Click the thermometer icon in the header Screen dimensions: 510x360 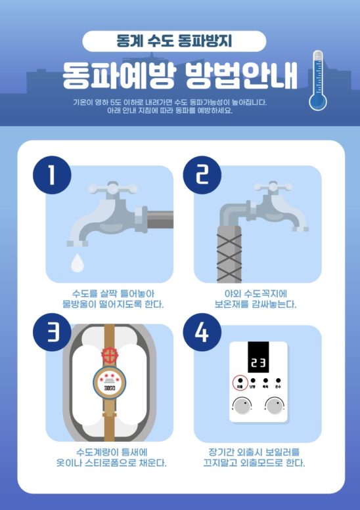click(x=319, y=80)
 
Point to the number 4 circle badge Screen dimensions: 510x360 click(x=200, y=335)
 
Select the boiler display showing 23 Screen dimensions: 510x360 click(x=258, y=361)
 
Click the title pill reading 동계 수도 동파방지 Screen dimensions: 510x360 click(x=174, y=41)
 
